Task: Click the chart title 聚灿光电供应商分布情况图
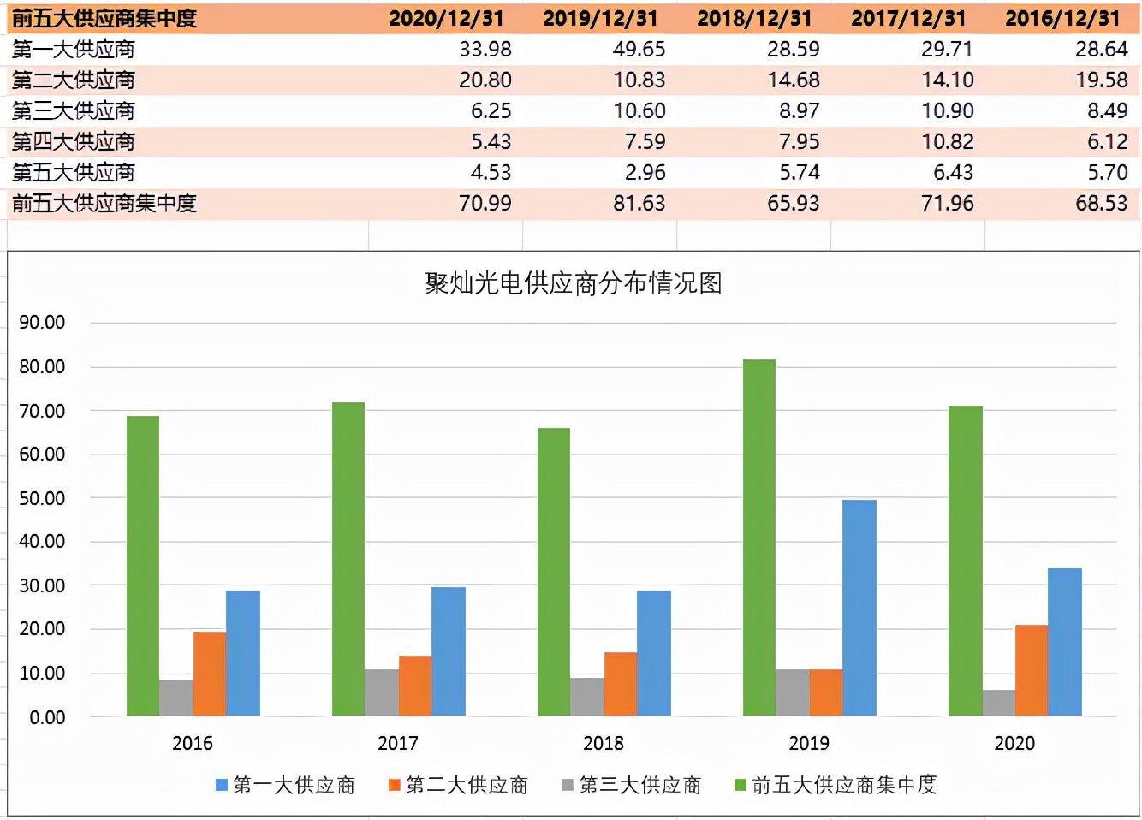pyautogui.click(x=573, y=283)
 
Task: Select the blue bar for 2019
pyautogui.click(x=859, y=608)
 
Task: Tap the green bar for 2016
pyautogui.click(x=143, y=566)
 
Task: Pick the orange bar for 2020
pyautogui.click(x=1031, y=670)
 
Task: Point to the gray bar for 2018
pyautogui.click(x=587, y=697)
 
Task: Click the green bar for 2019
pyautogui.click(x=759, y=538)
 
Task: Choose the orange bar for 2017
pyautogui.click(x=415, y=686)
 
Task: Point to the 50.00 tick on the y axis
pyautogui.click(x=42, y=498)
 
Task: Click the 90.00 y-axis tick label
pyautogui.click(x=42, y=323)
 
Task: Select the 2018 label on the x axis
pyautogui.click(x=604, y=743)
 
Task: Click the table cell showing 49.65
pyautogui.click(x=639, y=50)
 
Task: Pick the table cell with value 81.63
pyautogui.click(x=639, y=204)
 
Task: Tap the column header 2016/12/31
pyautogui.click(x=1062, y=18)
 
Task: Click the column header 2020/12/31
pyautogui.click(x=446, y=18)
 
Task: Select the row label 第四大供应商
pyautogui.click(x=74, y=142)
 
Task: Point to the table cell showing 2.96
pyautogui.click(x=645, y=173)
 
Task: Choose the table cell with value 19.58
pyautogui.click(x=1101, y=80)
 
